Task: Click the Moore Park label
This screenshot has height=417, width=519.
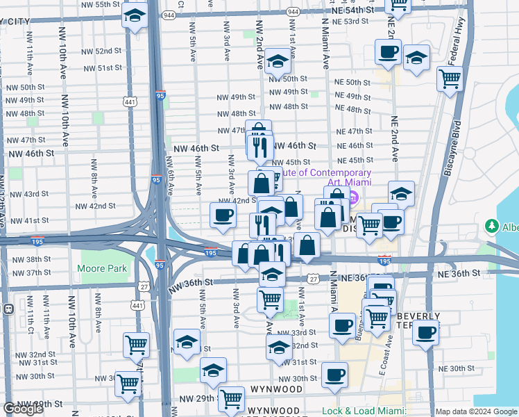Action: tap(102, 268)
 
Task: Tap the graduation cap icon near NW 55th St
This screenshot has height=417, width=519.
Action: tap(135, 15)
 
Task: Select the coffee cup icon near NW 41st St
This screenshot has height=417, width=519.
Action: tap(223, 215)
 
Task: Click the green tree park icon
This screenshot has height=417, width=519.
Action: tap(493, 227)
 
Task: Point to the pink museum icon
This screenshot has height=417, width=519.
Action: tap(352, 199)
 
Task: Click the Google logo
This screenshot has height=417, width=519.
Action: tap(24, 409)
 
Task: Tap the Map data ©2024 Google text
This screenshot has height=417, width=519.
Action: tap(477, 411)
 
